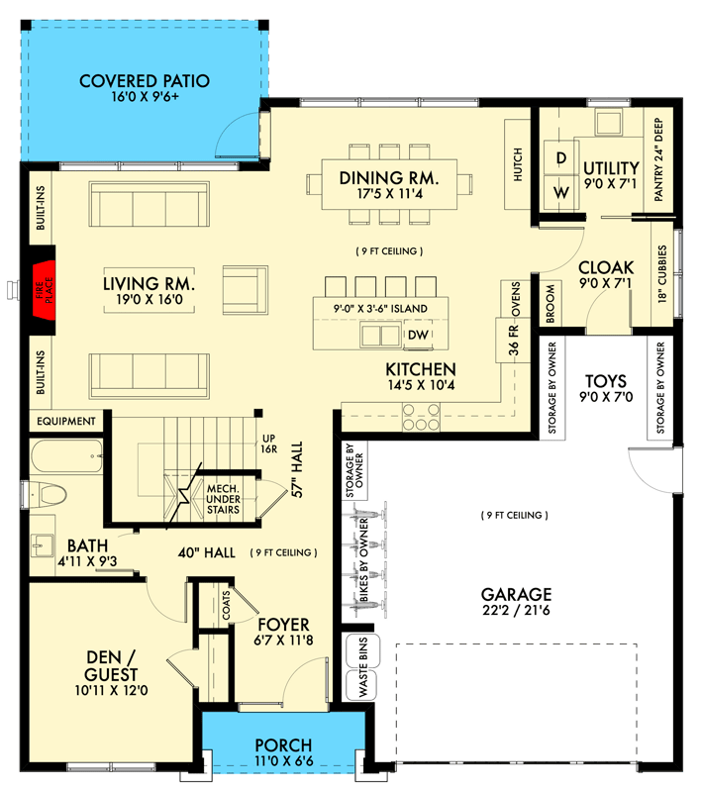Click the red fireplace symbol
coord(44,289)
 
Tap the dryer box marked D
coord(560,158)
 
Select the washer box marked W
coord(560,192)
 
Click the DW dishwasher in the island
coord(418,335)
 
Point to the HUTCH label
coord(518,164)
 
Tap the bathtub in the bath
coord(66,456)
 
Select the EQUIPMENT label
coord(66,421)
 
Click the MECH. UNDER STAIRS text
coord(223,499)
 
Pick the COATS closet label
coord(226,605)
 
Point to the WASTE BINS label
coord(363,667)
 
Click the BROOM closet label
coord(551,304)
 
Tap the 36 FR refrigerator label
coord(513,340)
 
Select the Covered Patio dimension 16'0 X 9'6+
coord(145,96)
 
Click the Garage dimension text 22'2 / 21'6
coord(516,610)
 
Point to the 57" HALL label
coord(297,469)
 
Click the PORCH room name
coord(283,745)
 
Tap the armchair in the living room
coord(246,290)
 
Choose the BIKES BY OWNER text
coord(363,559)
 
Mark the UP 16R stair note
coord(268,444)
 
